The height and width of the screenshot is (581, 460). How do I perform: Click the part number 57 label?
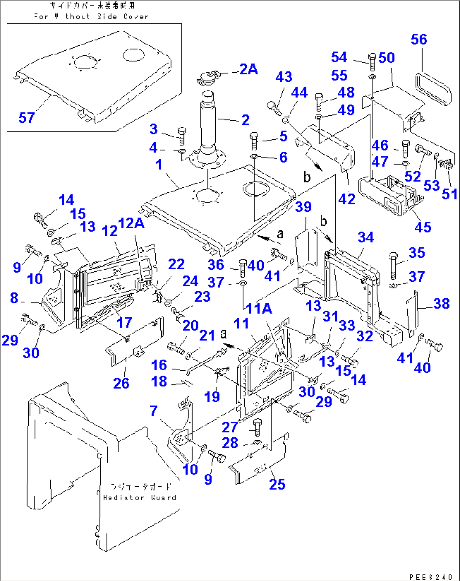coord(26,117)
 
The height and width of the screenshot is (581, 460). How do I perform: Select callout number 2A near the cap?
coord(248,69)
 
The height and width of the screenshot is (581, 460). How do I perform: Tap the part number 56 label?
coord(419,39)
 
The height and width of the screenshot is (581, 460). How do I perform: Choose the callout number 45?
coord(422,227)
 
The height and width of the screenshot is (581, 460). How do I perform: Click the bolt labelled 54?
coord(372,62)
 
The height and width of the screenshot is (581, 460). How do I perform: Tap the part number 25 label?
coord(277,484)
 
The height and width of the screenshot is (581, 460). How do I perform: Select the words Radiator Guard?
coord(140,497)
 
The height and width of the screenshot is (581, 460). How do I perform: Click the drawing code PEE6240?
coord(430,577)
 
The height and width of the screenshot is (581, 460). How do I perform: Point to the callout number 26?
coord(121,383)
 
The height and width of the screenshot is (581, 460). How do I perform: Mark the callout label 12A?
coord(131,223)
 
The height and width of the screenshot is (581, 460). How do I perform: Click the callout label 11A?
coord(259,308)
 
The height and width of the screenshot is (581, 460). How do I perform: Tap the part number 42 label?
coord(346,199)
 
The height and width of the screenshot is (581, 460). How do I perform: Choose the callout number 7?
coord(154,410)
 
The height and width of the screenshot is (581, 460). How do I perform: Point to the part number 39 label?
coord(303,207)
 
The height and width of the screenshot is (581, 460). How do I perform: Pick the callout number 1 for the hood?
coord(158,164)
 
